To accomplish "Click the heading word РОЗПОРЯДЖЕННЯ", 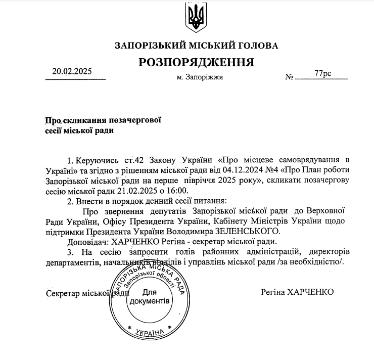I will click(196, 63).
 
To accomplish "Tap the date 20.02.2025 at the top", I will click(72, 71).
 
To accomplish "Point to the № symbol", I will click(290, 77).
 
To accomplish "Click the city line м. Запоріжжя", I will click(200, 78).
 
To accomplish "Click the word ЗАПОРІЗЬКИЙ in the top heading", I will click(146, 46).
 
